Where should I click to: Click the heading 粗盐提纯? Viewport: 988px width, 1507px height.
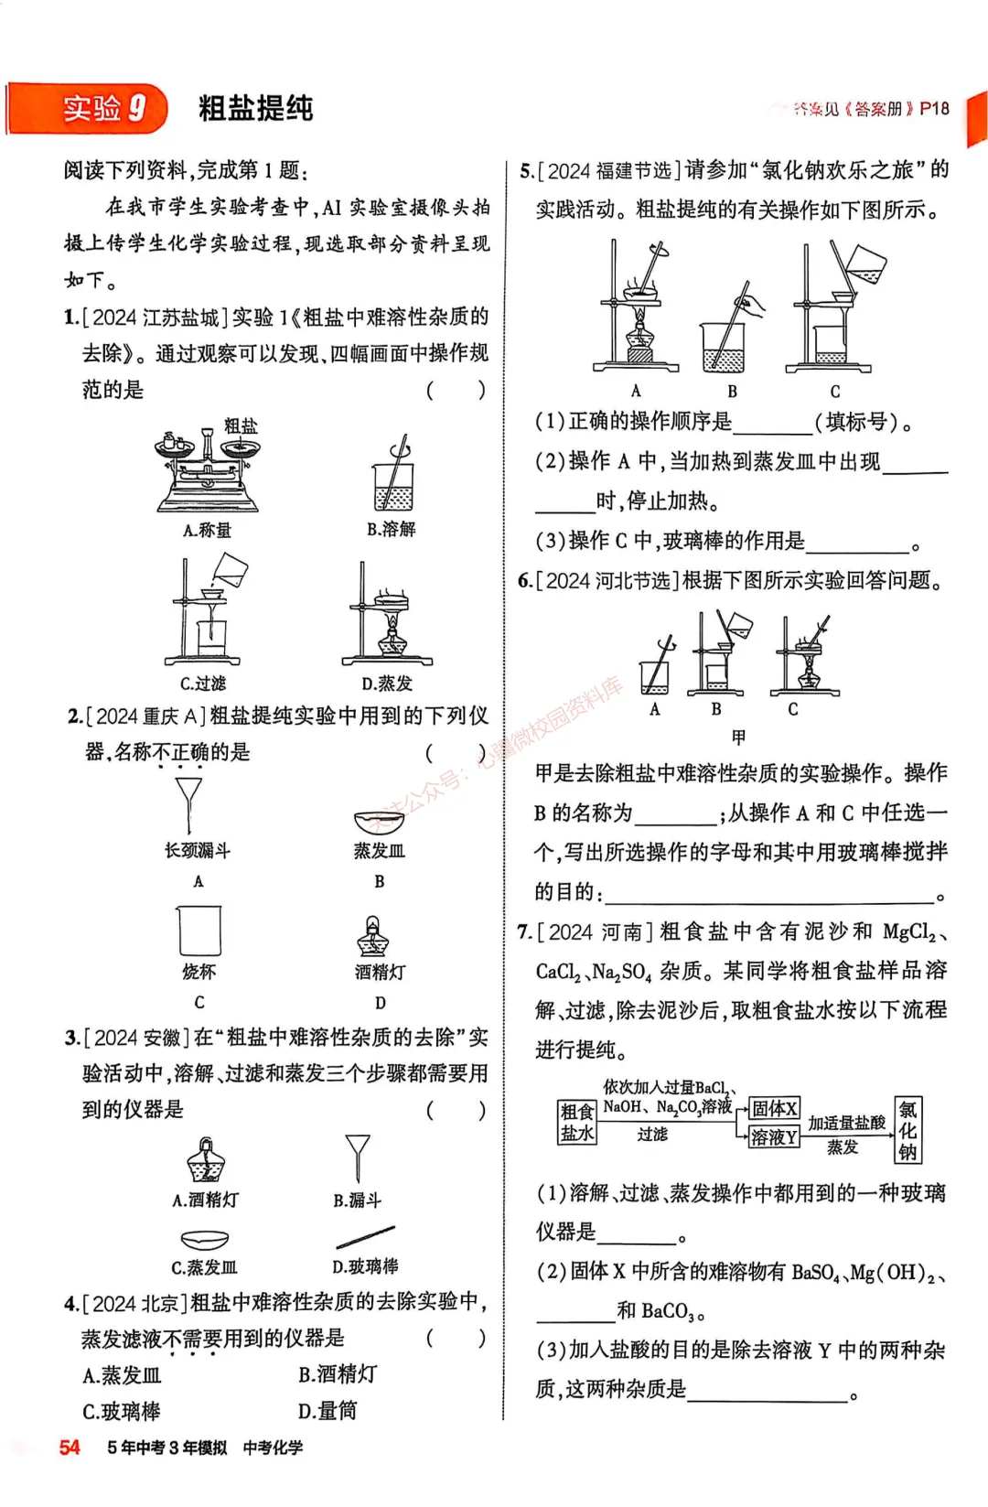coord(255,108)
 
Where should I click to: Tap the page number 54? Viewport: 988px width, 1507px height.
coord(70,1447)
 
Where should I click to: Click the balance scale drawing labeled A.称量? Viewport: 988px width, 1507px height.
coord(208,471)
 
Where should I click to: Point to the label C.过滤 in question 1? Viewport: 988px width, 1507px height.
coord(202,684)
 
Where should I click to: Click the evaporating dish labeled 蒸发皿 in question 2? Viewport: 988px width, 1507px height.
coord(379,820)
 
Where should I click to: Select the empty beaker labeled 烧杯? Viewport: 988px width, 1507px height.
coord(199,931)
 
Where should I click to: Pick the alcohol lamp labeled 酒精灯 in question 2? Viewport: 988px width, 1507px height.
coord(373,937)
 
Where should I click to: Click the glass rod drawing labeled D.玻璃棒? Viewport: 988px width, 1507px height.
coord(366,1236)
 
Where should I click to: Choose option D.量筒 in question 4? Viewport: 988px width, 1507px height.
coord(328,1411)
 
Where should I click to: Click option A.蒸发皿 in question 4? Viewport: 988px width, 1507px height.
coord(122,1374)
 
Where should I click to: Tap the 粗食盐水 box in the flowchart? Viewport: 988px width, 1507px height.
coord(576,1122)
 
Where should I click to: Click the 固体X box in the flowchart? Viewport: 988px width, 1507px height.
coord(774,1108)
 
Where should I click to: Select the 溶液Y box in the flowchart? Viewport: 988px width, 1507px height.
coord(774,1137)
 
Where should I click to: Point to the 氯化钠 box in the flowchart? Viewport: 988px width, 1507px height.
coord(907,1130)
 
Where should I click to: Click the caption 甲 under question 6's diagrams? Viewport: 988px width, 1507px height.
coord(738,737)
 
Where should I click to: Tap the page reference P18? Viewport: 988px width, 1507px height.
coord(934,108)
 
